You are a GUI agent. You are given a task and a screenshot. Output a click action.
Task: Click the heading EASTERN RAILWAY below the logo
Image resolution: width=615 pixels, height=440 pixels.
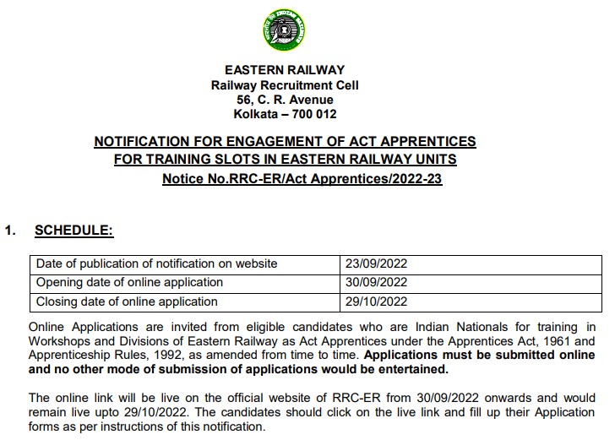click(285, 70)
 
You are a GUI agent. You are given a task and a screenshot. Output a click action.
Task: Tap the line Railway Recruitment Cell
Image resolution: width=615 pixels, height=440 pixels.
click(285, 85)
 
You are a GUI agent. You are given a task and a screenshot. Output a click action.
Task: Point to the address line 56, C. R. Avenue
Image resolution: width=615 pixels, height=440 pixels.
click(285, 100)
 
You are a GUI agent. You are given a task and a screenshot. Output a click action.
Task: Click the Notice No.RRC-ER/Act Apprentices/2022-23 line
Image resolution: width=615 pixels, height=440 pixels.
click(302, 179)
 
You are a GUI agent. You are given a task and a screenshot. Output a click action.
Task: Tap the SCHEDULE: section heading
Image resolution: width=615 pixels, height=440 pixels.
click(73, 229)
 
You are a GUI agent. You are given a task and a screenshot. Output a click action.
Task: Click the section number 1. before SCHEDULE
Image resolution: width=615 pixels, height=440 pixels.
click(11, 229)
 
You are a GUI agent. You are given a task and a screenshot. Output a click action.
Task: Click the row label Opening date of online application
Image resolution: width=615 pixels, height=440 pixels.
click(129, 282)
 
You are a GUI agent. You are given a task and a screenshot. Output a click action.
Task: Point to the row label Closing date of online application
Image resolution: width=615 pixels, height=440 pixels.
click(127, 301)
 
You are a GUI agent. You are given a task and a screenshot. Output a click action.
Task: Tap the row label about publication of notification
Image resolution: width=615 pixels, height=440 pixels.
click(156, 263)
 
